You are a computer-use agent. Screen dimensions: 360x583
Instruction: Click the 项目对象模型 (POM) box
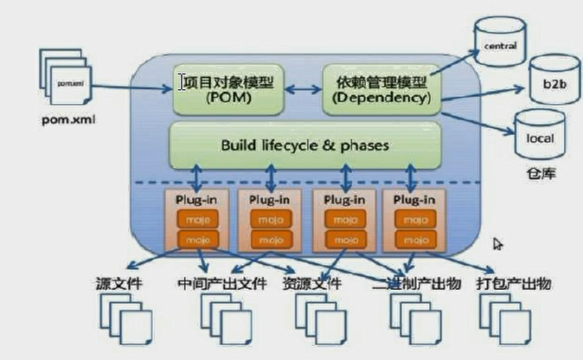coord(228,89)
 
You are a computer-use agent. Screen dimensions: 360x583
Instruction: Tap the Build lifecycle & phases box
coord(304,145)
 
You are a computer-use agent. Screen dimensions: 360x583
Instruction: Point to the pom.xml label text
coord(67,119)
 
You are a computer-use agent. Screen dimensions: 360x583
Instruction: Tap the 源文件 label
coord(119,284)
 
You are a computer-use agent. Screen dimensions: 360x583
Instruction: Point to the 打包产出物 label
coord(514,284)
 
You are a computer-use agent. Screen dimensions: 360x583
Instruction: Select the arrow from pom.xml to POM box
coord(130,86)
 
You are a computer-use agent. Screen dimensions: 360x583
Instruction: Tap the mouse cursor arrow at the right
coord(497,245)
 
